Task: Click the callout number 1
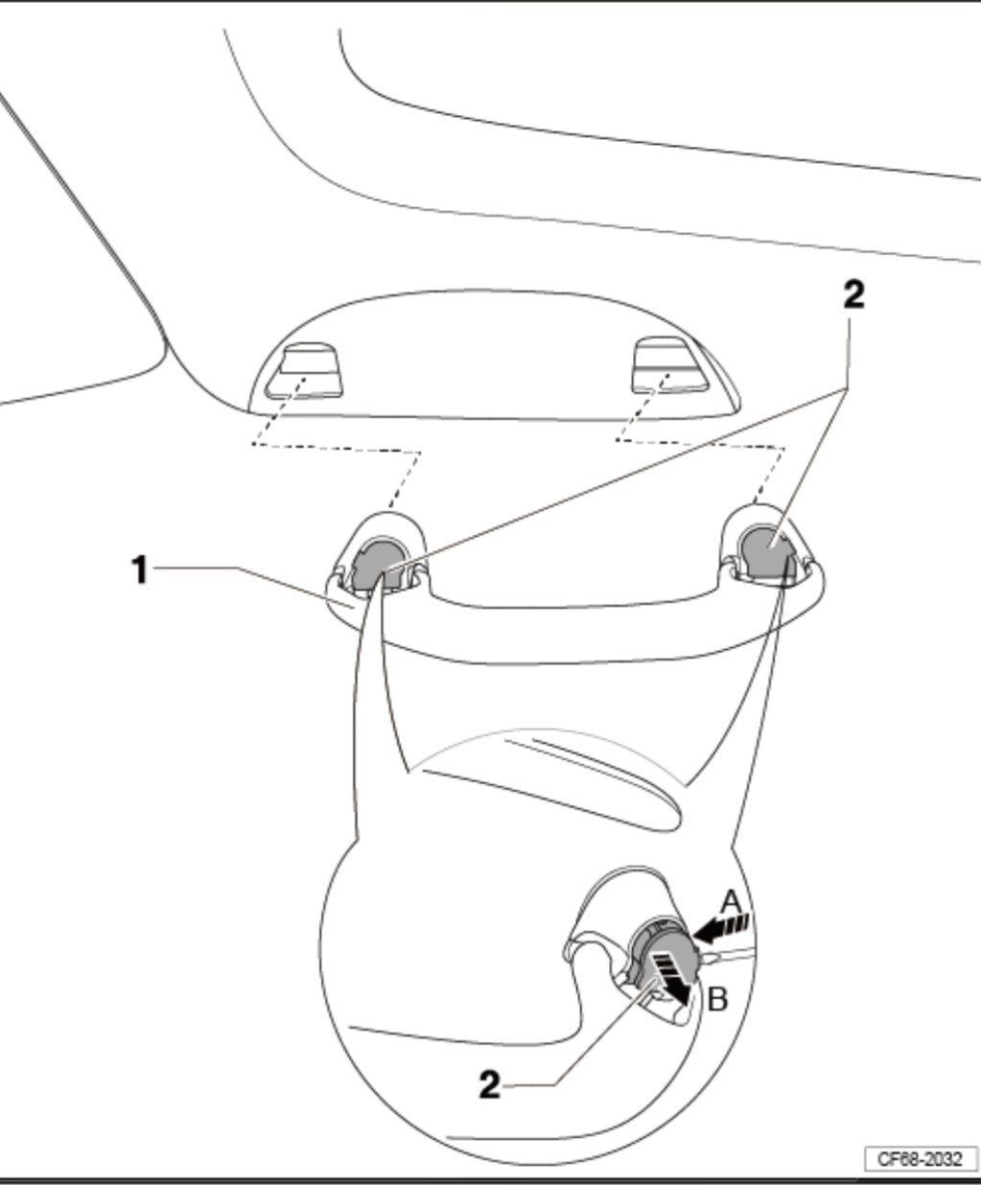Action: (x=140, y=570)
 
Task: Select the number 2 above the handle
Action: (x=853, y=293)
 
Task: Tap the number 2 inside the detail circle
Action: (x=489, y=1085)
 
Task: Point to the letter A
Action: (x=731, y=901)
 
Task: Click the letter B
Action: (x=717, y=999)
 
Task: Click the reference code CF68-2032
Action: (x=920, y=1158)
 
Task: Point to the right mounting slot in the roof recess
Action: (x=668, y=365)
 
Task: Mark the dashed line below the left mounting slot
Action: (x=336, y=447)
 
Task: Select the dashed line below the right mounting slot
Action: (x=700, y=443)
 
